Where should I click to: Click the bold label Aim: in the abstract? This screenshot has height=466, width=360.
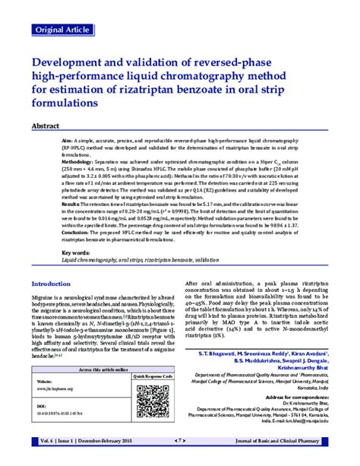pos(68,141)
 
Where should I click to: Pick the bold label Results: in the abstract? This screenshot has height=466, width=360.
pos(72,204)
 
